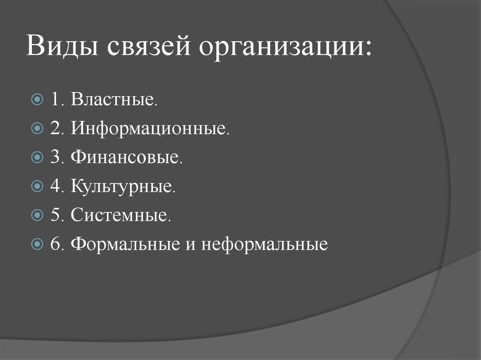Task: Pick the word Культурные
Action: click(124, 187)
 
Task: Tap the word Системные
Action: click(121, 215)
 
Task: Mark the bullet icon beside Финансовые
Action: click(38, 158)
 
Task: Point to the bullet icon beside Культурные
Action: click(38, 187)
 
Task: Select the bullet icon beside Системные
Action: click(38, 216)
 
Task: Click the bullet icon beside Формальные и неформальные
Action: click(38, 245)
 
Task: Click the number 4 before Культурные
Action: click(55, 187)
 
